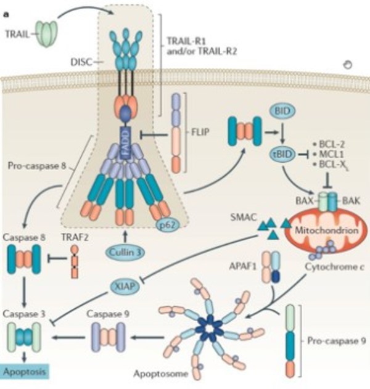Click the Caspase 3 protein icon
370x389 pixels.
23,337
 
